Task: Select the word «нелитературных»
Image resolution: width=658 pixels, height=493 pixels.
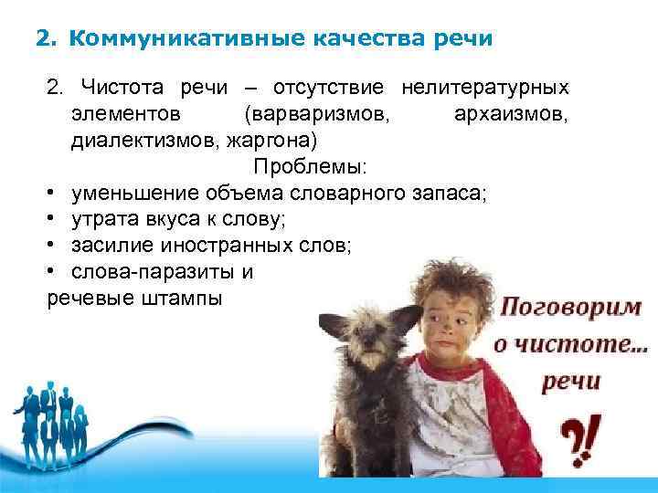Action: point(484,89)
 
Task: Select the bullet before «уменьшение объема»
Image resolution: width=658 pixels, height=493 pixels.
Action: point(53,195)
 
